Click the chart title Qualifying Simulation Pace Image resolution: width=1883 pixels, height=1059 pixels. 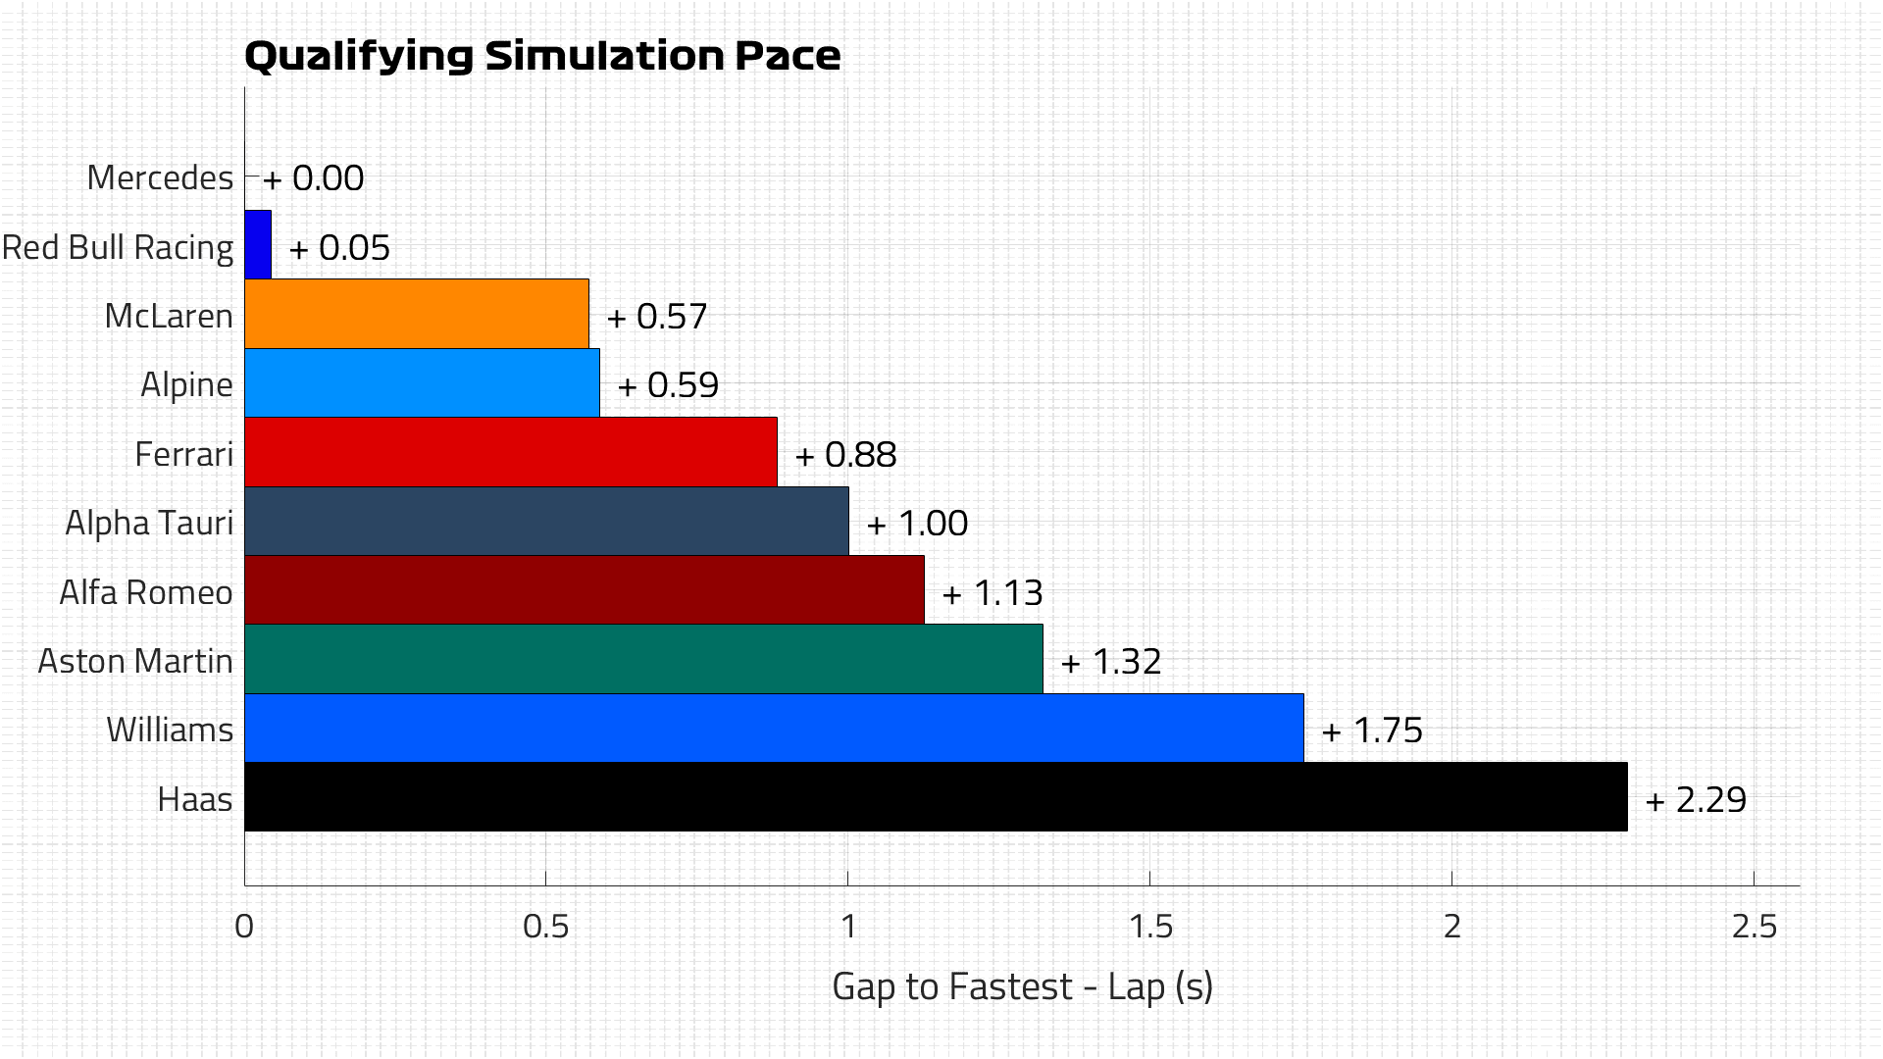542,56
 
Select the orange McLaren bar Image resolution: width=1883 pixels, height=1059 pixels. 417,314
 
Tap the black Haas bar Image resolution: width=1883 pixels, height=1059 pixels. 936,797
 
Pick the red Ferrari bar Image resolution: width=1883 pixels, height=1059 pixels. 510,452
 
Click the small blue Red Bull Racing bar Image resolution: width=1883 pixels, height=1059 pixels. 258,245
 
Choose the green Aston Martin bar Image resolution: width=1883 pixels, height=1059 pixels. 643,659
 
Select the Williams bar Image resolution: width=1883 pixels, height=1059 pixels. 774,729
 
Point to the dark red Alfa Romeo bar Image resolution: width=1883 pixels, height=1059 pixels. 584,590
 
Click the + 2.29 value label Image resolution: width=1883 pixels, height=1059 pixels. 1696,800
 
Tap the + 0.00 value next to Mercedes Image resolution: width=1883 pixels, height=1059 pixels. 314,178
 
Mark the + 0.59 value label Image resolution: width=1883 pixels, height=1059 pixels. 668,385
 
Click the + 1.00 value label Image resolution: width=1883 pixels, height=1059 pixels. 917,524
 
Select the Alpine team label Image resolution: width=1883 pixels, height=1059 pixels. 186,384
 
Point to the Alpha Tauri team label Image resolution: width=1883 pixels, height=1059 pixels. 149,523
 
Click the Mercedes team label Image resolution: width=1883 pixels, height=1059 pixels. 160,177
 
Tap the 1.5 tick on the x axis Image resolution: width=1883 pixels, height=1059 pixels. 1150,926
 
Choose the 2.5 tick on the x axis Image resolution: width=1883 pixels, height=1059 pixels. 1754,926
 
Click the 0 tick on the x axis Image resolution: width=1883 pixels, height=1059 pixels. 244,926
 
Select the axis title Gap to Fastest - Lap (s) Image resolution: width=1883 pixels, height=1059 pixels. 1022,986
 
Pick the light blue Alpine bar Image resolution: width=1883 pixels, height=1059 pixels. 422,383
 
